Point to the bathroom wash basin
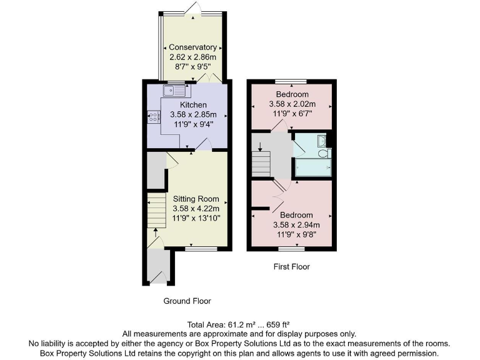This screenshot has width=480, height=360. tap(321, 140)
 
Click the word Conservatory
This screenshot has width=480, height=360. tap(193, 47)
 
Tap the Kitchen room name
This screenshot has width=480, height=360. tap(193, 104)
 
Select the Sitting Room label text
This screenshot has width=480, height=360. tap(196, 199)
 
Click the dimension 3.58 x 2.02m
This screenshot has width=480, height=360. tap(292, 104)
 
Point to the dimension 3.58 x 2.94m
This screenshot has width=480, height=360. tap(296, 226)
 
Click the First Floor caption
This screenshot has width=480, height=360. tap(291, 267)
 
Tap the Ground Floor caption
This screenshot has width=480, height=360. tap(187, 301)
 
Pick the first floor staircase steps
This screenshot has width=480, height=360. tap(261, 164)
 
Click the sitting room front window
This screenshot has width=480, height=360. tap(201, 248)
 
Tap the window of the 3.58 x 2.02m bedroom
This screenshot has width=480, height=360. tap(291, 82)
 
